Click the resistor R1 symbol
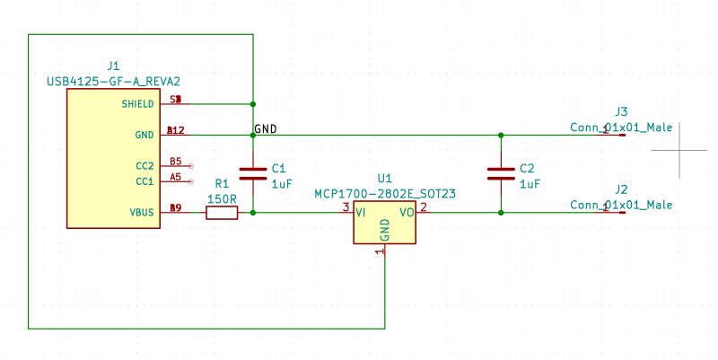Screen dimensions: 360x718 [x=222, y=213]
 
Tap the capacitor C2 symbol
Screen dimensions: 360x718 [x=500, y=173]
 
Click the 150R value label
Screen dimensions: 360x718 [x=222, y=198]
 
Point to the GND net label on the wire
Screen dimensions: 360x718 [x=266, y=128]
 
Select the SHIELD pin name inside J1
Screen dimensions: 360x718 [x=137, y=103]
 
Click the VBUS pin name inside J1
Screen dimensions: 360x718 [x=141, y=213]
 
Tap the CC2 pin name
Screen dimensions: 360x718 [x=144, y=165]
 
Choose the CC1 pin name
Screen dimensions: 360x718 [x=144, y=181]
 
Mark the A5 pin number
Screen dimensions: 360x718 [x=176, y=178]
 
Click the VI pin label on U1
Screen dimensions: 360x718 [x=361, y=213]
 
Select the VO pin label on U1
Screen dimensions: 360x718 [x=407, y=213]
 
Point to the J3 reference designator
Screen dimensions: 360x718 [x=621, y=111]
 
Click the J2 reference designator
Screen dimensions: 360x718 [x=621, y=189]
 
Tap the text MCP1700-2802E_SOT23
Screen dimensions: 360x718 [x=385, y=194]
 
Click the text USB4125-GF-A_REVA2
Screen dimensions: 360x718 [x=113, y=81]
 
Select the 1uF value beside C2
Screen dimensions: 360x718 [x=530, y=183]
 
